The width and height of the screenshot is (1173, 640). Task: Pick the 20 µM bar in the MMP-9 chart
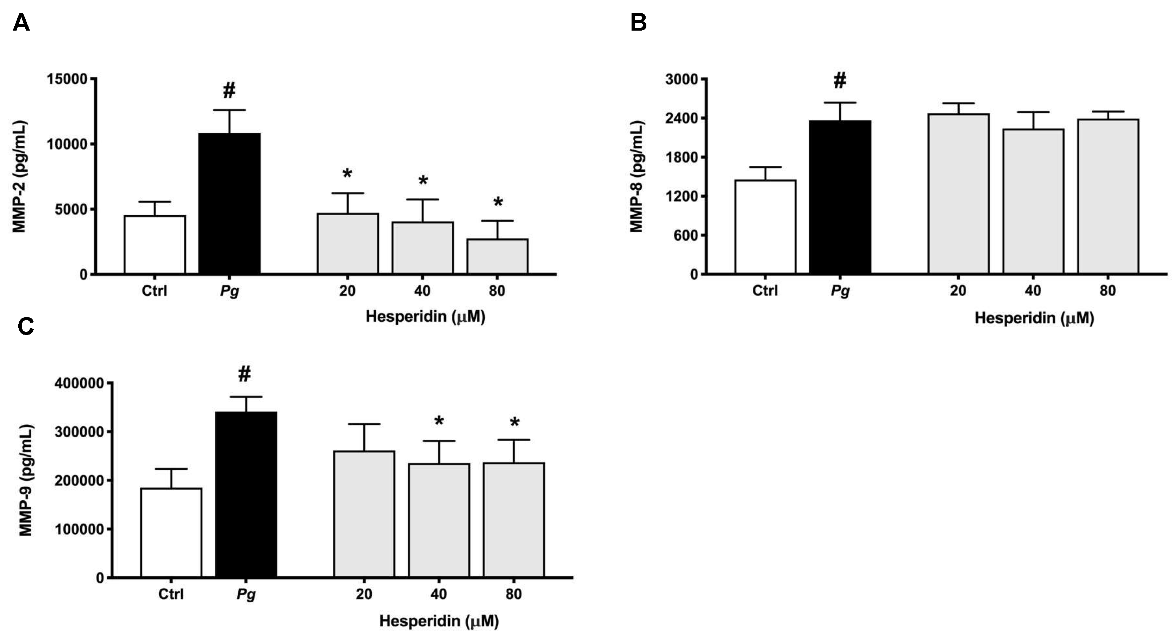tap(364, 514)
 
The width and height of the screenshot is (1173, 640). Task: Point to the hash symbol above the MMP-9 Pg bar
tap(245, 374)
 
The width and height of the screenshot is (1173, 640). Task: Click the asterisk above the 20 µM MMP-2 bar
tap(347, 174)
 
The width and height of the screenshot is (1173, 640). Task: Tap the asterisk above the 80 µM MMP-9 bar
tap(514, 423)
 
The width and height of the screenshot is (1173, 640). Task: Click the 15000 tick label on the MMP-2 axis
tap(67, 79)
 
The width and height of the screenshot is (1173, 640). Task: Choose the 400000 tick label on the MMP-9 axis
tap(79, 383)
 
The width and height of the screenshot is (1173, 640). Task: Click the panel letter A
tap(21, 22)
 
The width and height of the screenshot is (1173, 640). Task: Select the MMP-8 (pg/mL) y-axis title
tap(636, 177)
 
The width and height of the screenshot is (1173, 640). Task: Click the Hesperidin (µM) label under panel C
tap(439, 621)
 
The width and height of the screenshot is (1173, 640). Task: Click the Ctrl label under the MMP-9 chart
tap(171, 594)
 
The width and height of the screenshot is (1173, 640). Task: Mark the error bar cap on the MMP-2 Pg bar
tap(230, 110)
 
